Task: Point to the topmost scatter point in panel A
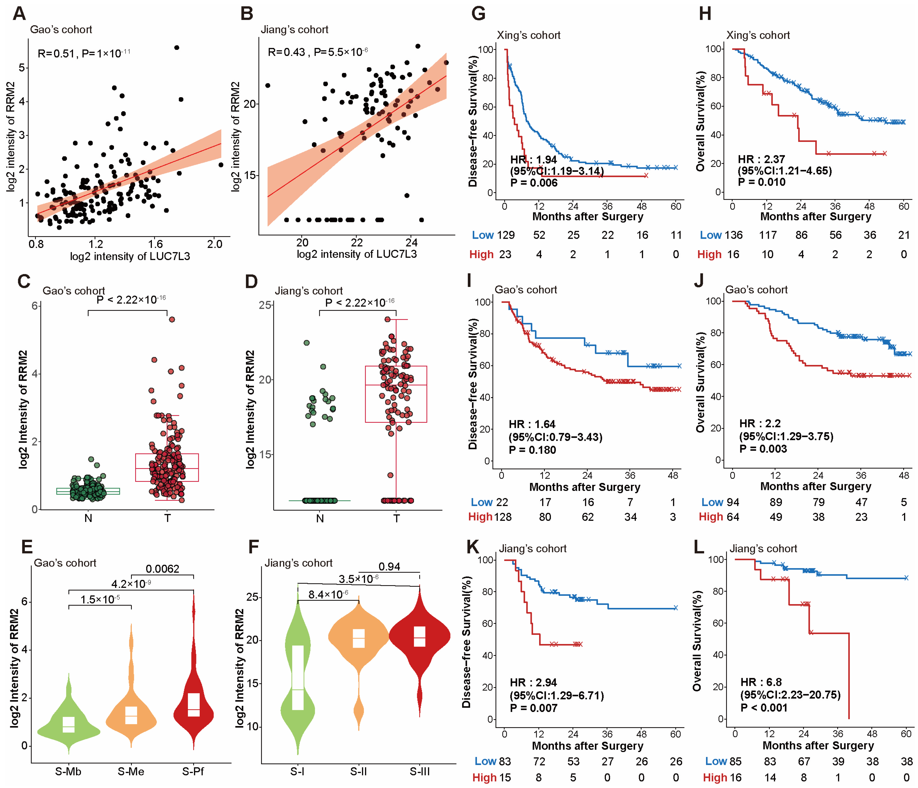click(177, 47)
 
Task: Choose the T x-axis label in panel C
click(168, 518)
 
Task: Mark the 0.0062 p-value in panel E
click(163, 569)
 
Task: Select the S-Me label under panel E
click(131, 772)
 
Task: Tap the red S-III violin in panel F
click(420, 638)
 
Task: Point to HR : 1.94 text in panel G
click(533, 160)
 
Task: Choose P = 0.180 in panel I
click(532, 450)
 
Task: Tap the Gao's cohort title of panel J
click(756, 290)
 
